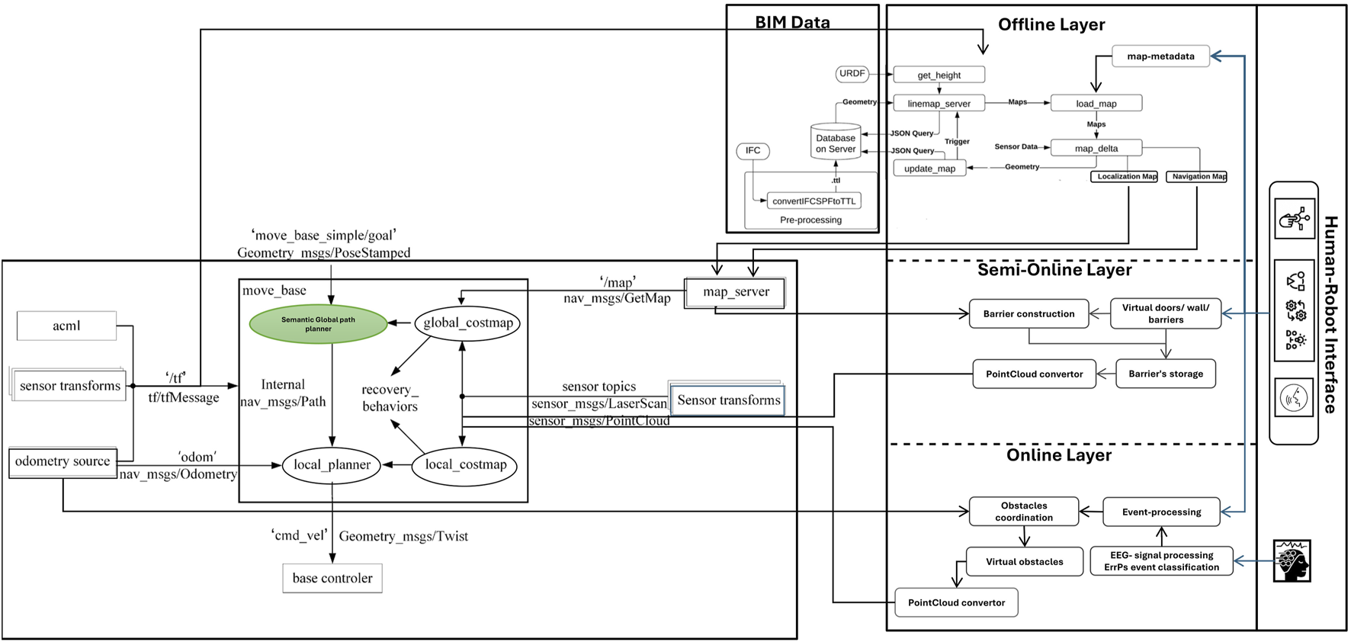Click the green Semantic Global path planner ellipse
pyautogui.click(x=319, y=324)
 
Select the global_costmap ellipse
pyautogui.click(x=467, y=323)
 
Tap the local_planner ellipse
pyautogui.click(x=332, y=465)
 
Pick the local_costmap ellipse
pyautogui.click(x=465, y=465)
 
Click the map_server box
pyautogui.click(x=735, y=292)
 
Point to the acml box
pyautogui.click(x=66, y=326)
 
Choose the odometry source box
pyautogui.click(x=63, y=462)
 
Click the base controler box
pyautogui.click(x=332, y=578)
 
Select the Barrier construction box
pyautogui.click(x=1028, y=313)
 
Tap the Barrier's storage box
pyautogui.click(x=1166, y=374)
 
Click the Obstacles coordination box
pyautogui.click(x=1024, y=512)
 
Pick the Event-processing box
pyautogui.click(x=1161, y=512)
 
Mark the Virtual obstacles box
pyautogui.click(x=1024, y=562)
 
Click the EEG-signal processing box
pyautogui.click(x=1161, y=561)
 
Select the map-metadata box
pyautogui.click(x=1160, y=56)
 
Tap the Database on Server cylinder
pyautogui.click(x=836, y=143)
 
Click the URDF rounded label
pyautogui.click(x=852, y=74)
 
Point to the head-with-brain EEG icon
pyautogui.click(x=1292, y=561)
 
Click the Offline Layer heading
pyautogui.click(x=1051, y=24)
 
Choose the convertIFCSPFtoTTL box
pyautogui.click(x=813, y=201)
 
